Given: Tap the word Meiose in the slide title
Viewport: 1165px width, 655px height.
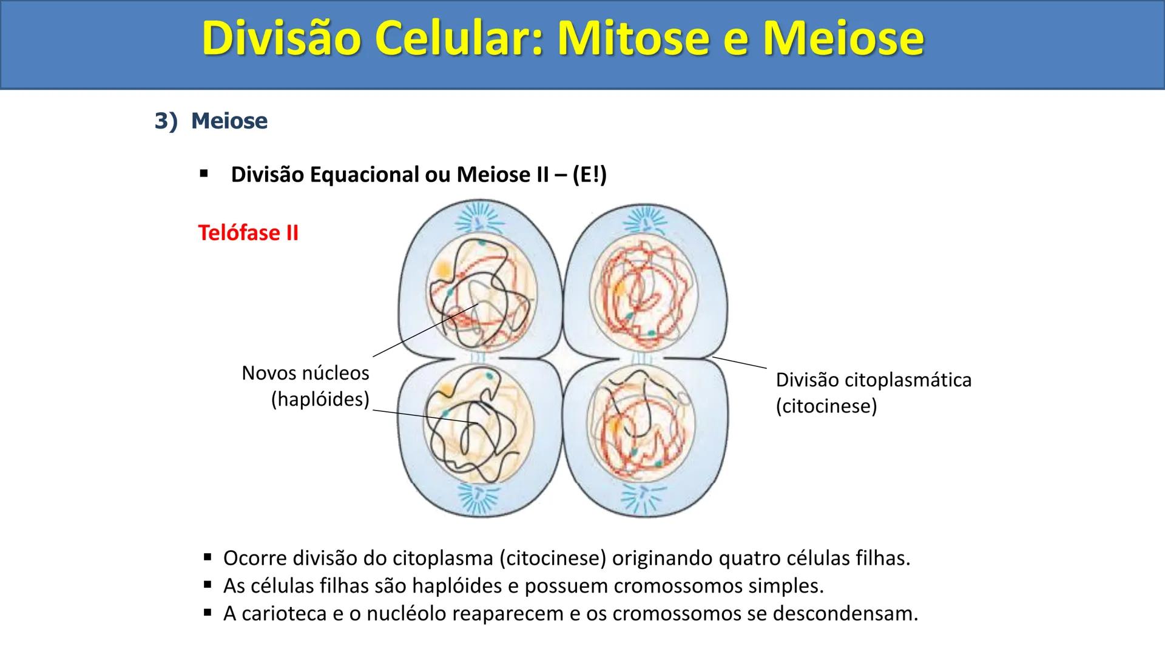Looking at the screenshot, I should (x=843, y=39).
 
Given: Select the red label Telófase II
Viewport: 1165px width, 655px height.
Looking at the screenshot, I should (x=248, y=233).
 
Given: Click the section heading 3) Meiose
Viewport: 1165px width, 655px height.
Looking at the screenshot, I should (x=211, y=121).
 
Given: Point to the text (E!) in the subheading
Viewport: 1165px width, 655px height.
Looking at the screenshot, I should (x=589, y=175).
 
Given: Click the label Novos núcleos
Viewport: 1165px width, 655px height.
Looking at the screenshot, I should (x=305, y=372).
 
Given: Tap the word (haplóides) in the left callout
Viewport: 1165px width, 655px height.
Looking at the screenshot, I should (x=320, y=400).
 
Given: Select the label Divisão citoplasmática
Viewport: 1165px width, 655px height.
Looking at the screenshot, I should (x=874, y=380).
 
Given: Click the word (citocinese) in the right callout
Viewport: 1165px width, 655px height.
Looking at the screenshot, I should (x=826, y=406).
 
